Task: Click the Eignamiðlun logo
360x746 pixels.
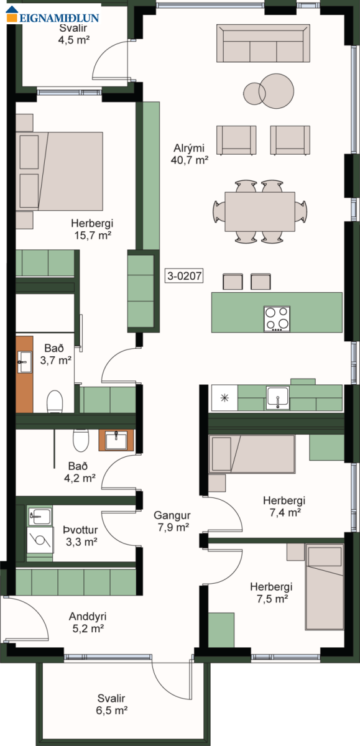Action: pos(53,15)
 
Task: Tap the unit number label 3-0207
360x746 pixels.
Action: pos(184,276)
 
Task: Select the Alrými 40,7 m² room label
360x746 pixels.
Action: pos(190,154)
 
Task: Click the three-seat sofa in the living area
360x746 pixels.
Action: pos(263,44)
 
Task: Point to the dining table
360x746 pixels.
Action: pos(260,211)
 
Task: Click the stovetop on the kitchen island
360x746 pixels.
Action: pos(277,319)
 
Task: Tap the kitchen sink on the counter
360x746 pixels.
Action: pos(278,398)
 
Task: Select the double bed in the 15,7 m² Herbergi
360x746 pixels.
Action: pos(59,171)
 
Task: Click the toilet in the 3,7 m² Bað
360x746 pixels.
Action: pos(55,402)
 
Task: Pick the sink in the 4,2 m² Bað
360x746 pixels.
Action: pos(116,440)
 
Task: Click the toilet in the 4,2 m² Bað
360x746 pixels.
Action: pos(81,440)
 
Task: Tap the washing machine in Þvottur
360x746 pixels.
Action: pos(40,540)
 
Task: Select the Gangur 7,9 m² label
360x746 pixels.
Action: pos(172,521)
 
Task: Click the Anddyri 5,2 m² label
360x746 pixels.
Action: pos(88,622)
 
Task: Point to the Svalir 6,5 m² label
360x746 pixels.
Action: pos(111,704)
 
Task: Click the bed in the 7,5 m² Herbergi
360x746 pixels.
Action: pos(325,587)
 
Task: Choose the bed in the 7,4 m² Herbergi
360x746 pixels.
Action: pos(252,454)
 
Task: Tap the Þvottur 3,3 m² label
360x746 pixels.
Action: pos(81,536)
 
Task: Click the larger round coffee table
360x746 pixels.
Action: pos(277,91)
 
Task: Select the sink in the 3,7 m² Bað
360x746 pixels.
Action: pos(25,362)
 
